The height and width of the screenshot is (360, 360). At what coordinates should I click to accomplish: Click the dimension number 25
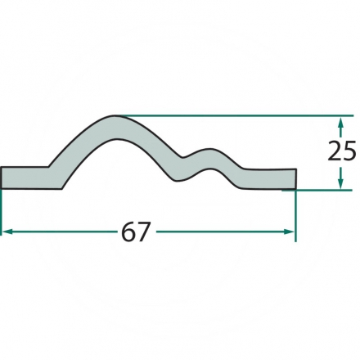pos(342,151)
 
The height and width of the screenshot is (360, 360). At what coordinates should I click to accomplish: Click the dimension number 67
pos(136,232)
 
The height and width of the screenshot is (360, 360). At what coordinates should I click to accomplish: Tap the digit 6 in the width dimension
pos(128,232)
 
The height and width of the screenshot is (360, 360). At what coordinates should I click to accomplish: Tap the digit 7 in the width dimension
pos(144,232)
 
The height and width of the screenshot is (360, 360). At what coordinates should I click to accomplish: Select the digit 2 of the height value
pos(335,151)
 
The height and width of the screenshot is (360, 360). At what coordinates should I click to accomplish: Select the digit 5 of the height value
pos(349,151)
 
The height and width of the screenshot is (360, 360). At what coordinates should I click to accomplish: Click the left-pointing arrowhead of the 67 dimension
pos(7,232)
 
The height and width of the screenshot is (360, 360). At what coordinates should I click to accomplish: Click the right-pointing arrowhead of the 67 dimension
pos(289,232)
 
